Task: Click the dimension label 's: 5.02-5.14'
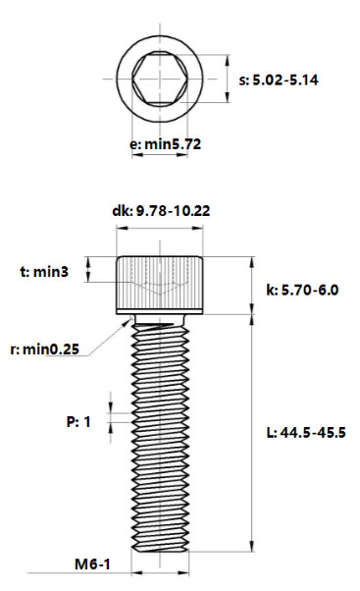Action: coord(279,81)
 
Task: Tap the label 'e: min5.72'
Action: coord(166,144)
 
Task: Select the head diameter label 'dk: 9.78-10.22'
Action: coord(161,211)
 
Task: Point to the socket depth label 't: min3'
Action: coord(44,271)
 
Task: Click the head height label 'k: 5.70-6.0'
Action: coord(302,290)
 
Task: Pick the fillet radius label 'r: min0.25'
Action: coord(45,349)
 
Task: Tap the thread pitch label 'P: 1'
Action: coord(78,421)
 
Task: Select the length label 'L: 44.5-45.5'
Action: coord(306,432)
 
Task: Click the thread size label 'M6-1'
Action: coord(92,564)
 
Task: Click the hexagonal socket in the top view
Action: coord(160,80)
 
